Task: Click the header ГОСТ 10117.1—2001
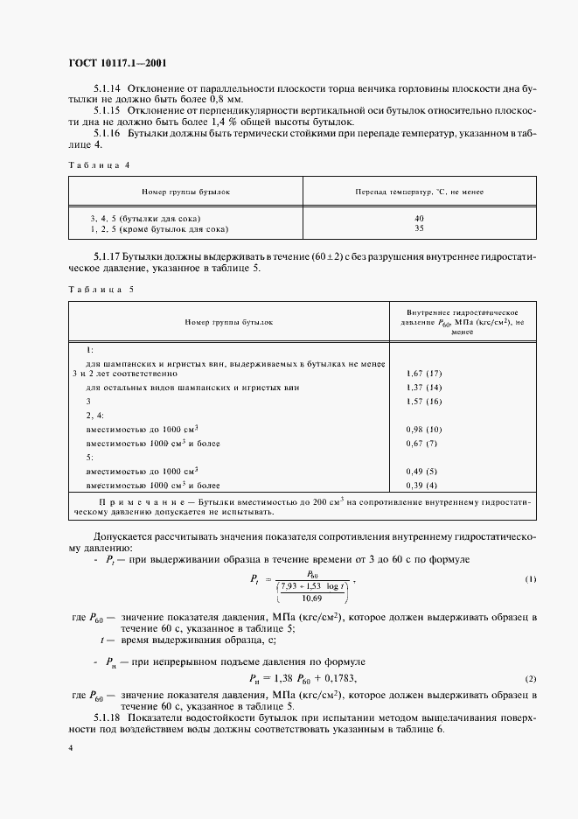point(118,63)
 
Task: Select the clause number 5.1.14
point(108,90)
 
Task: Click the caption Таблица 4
point(99,164)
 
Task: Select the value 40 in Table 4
point(419,218)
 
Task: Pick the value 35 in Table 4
point(419,228)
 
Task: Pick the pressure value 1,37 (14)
point(424,387)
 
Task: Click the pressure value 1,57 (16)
point(424,401)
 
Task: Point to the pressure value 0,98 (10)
point(424,430)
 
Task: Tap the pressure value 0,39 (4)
point(424,486)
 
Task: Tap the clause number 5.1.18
point(108,719)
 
